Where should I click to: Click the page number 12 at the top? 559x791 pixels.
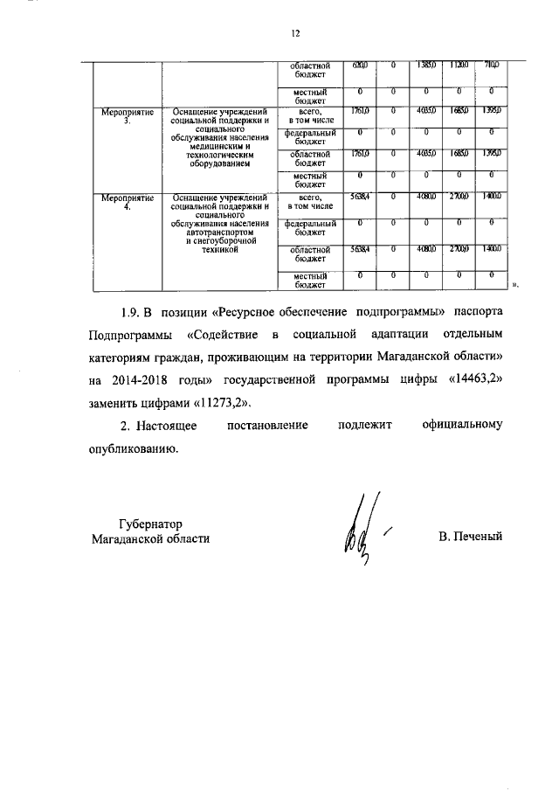point(295,33)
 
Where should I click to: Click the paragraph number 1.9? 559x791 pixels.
point(130,312)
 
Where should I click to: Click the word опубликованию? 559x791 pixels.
point(134,448)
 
